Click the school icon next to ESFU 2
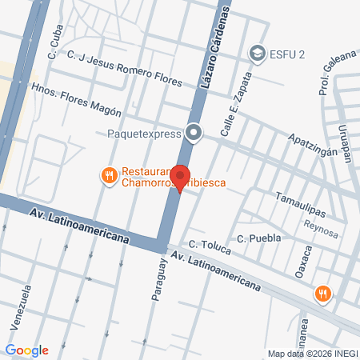click(258, 53)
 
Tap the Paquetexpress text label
click(143, 134)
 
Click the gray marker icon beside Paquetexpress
click(194, 133)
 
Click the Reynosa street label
click(322, 224)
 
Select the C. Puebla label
click(256, 238)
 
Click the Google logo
click(26, 350)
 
